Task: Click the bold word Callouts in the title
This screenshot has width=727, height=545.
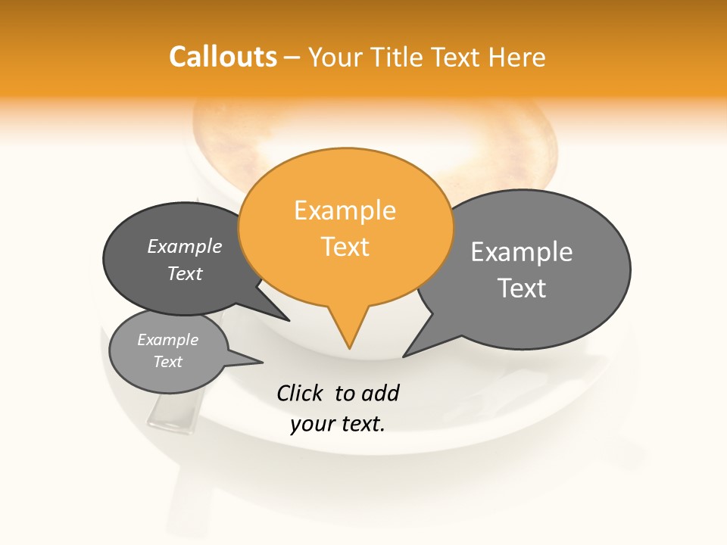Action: [223, 57]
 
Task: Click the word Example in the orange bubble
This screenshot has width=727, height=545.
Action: [345, 210]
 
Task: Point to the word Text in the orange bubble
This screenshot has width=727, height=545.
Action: [345, 247]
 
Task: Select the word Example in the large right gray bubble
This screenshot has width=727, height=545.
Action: [522, 252]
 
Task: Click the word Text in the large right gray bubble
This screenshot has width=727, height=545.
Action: [522, 288]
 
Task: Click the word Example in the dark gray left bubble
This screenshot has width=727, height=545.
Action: [185, 247]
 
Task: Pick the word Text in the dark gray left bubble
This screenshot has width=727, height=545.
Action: [185, 273]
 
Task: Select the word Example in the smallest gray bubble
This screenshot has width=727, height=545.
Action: [167, 340]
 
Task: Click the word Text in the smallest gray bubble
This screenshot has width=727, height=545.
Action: [167, 362]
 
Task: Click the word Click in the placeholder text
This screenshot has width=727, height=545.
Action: [301, 393]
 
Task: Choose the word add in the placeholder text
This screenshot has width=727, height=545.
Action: [380, 393]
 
